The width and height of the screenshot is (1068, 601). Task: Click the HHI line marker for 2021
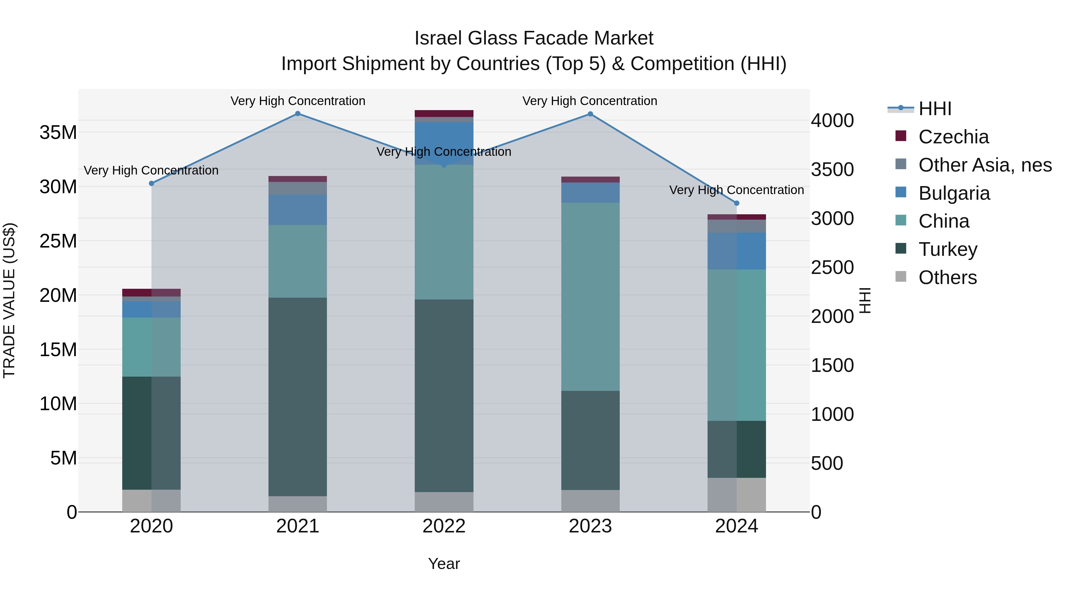tap(298, 114)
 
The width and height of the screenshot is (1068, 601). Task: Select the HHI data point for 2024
tap(737, 203)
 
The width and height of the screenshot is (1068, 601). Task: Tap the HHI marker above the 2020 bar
tap(151, 183)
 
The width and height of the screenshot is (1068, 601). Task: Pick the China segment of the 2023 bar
tap(590, 296)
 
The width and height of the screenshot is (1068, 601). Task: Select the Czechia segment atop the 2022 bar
tap(444, 113)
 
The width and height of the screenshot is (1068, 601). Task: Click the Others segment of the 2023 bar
tap(590, 501)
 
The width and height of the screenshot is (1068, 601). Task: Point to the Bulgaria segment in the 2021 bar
tap(298, 210)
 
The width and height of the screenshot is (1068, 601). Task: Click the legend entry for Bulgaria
tap(953, 193)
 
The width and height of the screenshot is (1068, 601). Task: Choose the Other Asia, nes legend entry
tap(985, 165)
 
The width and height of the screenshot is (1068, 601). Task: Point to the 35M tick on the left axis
tap(58, 133)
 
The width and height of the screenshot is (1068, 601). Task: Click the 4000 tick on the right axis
tap(832, 121)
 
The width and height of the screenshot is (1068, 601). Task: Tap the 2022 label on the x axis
tap(444, 526)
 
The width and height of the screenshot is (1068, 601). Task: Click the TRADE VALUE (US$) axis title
tap(9, 300)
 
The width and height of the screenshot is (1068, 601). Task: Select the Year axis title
tap(444, 564)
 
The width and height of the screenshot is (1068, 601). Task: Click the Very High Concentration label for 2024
tap(736, 190)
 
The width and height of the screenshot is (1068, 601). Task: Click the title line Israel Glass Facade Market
tap(534, 38)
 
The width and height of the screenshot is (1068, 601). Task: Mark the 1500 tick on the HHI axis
tap(832, 365)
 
